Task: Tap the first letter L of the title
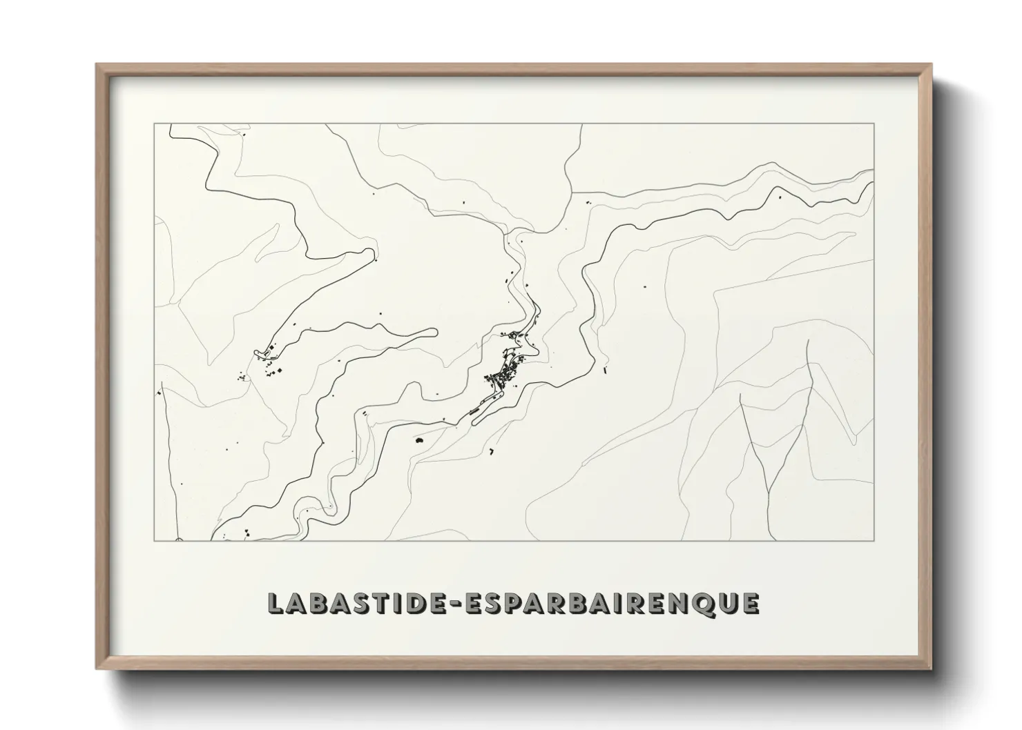[276, 603]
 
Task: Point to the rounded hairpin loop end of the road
[433, 333]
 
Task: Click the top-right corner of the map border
[874, 124]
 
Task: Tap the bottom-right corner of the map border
[874, 540]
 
